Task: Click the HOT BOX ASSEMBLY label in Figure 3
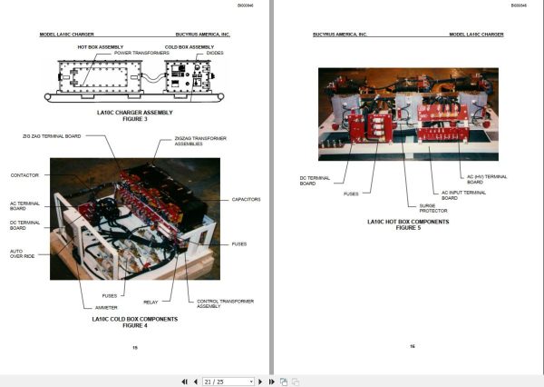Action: tap(101, 46)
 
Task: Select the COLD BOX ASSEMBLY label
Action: tap(189, 46)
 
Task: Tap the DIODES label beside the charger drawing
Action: tap(214, 54)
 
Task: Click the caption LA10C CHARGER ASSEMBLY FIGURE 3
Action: tap(133, 115)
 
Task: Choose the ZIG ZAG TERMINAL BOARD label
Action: tap(53, 135)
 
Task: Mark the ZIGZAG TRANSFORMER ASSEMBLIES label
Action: tap(200, 143)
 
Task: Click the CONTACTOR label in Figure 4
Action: tap(24, 175)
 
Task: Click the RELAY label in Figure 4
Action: tap(151, 302)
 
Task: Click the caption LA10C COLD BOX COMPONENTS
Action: tap(135, 319)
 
